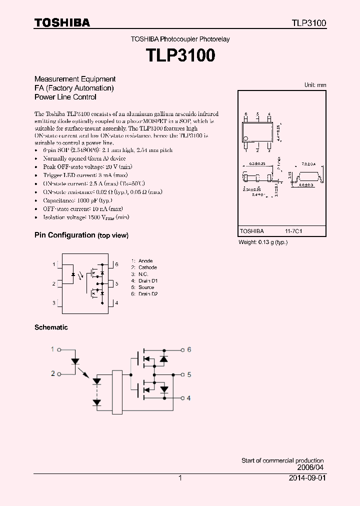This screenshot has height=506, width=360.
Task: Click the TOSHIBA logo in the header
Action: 62,23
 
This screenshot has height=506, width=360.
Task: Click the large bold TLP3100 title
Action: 180,55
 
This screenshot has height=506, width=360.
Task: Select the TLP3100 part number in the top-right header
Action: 309,23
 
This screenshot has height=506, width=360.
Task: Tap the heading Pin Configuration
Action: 64,235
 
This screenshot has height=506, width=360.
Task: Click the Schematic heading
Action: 51,327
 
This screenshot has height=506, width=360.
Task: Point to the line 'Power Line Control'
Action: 65,97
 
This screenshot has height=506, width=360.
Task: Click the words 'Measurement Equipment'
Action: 75,79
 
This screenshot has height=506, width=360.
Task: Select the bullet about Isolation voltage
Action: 86,217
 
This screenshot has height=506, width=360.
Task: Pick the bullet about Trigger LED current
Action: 85,175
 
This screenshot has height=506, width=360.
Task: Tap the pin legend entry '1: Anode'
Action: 142,261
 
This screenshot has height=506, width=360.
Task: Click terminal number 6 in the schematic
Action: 189,349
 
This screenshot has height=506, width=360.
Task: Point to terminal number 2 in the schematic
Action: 53,373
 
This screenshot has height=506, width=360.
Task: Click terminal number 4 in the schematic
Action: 188,398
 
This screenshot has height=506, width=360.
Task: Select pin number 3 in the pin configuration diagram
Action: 53,303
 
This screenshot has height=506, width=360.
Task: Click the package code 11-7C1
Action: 294,231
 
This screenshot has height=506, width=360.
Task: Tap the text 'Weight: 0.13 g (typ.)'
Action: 263,242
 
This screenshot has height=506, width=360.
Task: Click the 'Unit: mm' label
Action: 315,85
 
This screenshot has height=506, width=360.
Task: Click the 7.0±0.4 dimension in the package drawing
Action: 308,164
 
